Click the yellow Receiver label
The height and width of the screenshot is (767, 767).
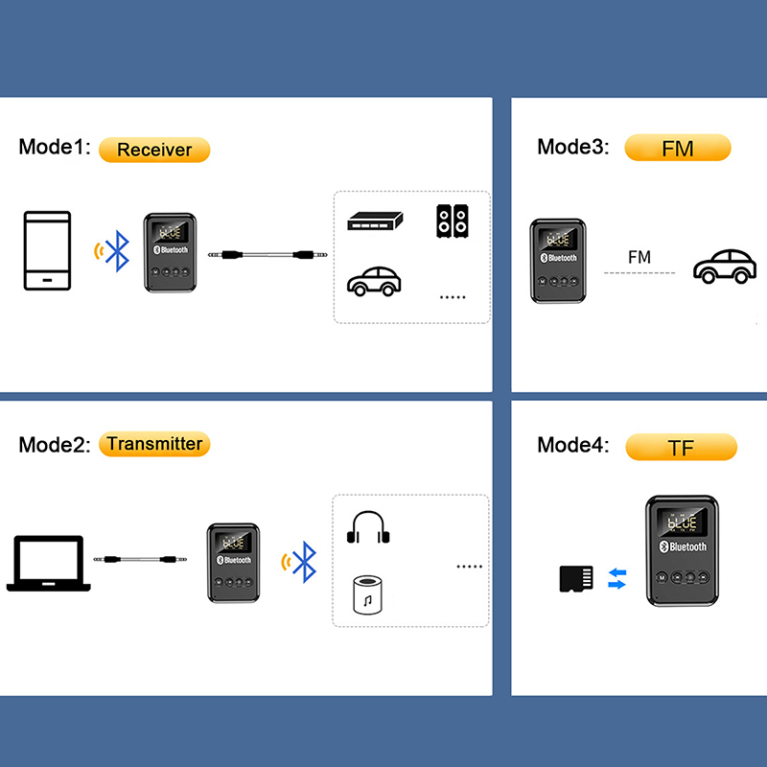click(153, 150)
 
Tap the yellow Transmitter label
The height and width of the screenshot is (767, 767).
click(154, 444)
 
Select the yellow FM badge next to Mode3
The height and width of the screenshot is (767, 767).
click(678, 148)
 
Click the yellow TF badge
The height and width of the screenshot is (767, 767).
click(681, 447)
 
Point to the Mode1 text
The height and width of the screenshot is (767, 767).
click(55, 148)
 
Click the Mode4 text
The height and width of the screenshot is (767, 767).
click(573, 445)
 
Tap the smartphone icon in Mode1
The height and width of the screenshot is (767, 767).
click(47, 250)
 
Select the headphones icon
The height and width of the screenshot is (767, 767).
click(366, 528)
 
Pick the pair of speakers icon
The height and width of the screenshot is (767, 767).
click(453, 221)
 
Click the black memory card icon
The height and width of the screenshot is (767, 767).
click(576, 579)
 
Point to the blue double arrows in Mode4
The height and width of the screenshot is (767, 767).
click(617, 578)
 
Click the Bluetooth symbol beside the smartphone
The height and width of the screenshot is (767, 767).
click(117, 251)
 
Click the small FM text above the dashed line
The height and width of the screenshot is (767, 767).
click(639, 257)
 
